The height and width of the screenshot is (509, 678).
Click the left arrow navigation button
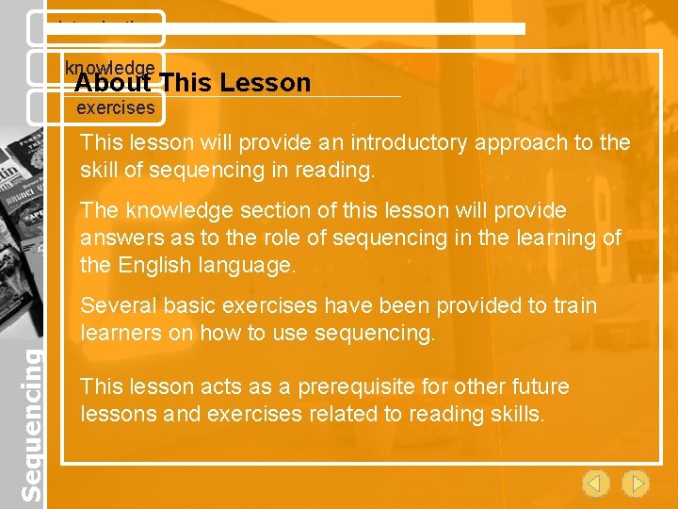595,484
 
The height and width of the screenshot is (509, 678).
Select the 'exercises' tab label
115,108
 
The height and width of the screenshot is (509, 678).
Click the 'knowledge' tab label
110,67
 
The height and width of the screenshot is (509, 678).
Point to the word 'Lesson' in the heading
267,83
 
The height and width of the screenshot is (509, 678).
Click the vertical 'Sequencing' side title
32,424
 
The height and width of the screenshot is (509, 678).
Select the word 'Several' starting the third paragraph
115,305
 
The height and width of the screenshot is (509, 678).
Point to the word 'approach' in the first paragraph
514,143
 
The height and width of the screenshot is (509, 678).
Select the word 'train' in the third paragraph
574,305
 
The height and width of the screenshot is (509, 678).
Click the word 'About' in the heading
113,83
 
